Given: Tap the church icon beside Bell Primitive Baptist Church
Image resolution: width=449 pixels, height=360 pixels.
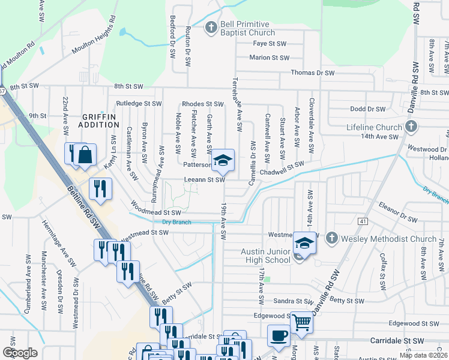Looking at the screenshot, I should (x=211, y=27).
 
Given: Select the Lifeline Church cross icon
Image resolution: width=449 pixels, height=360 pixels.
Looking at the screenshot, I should (x=411, y=127).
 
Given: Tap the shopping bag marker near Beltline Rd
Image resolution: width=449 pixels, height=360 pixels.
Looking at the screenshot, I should (x=86, y=155).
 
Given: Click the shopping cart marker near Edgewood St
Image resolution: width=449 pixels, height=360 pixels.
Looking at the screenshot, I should (x=301, y=322).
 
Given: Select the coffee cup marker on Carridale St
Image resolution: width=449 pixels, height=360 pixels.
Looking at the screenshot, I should (x=278, y=336).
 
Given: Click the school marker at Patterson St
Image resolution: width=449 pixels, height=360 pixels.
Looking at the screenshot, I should (x=223, y=160).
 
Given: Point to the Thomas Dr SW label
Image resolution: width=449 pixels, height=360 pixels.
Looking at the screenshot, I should (x=312, y=73).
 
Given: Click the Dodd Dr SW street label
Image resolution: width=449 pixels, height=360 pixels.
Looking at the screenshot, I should (x=367, y=109).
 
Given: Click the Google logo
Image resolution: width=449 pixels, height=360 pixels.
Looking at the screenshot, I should (x=20, y=353).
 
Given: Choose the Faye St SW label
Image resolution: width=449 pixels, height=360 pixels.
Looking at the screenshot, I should (x=269, y=44).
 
